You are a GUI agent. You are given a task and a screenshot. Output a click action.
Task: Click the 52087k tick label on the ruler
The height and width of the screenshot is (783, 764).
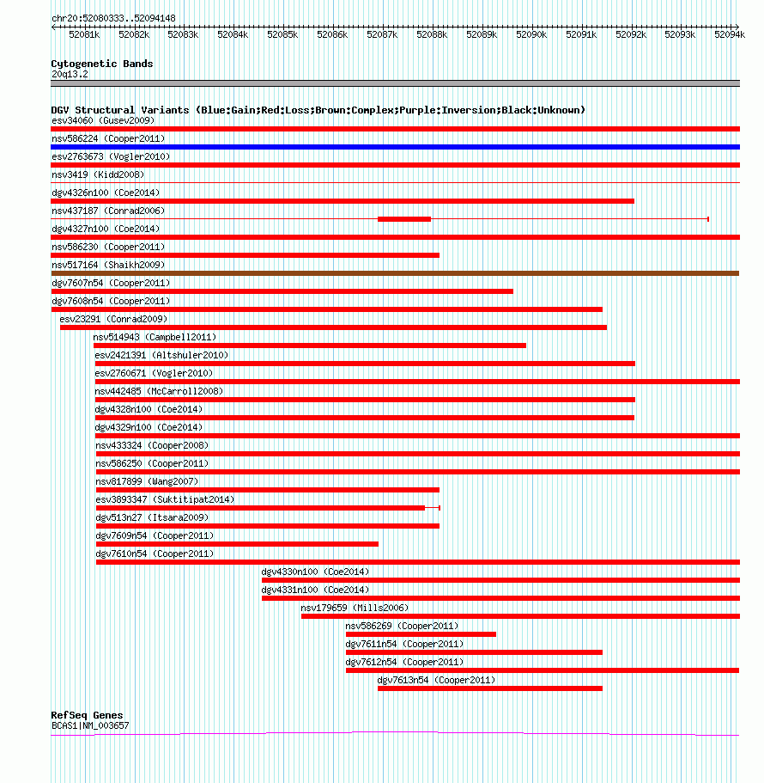tap(382, 34)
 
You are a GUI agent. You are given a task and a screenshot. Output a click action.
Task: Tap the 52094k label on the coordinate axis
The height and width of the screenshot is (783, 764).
tap(730, 34)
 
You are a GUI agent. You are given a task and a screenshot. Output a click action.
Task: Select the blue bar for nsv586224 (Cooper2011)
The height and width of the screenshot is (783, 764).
tap(395, 147)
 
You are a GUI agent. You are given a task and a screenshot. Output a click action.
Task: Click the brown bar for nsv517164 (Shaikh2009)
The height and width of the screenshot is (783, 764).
tap(395, 273)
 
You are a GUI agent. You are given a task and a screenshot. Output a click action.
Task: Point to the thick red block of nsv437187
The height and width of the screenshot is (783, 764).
tap(404, 219)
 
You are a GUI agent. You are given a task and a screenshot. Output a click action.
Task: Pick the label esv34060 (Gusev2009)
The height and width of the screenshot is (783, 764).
tap(103, 120)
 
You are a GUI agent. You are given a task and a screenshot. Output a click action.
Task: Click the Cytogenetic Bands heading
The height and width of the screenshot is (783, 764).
tap(102, 64)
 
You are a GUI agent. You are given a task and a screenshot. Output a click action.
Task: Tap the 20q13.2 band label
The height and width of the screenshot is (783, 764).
tap(70, 75)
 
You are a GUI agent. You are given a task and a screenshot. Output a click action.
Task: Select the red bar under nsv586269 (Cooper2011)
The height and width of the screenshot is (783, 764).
tap(421, 634)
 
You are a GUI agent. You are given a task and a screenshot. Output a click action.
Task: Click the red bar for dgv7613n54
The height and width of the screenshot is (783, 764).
tap(490, 688)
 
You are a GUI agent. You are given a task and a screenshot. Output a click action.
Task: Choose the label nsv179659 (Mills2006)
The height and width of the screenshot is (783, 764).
tap(355, 608)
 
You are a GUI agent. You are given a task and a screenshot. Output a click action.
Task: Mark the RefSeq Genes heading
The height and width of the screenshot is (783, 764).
tap(87, 715)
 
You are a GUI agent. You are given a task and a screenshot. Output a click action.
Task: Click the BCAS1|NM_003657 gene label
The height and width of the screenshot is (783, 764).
tap(90, 725)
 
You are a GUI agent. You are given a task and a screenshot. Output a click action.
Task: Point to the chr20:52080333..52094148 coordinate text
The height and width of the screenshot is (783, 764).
tap(113, 18)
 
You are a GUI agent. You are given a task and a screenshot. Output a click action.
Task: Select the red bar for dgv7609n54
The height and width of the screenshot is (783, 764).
tap(238, 544)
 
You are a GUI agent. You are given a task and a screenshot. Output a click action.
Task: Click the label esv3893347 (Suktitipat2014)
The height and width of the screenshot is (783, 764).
tap(165, 499)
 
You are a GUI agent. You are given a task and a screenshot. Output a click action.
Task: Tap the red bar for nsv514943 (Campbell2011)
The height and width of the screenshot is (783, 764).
tap(310, 346)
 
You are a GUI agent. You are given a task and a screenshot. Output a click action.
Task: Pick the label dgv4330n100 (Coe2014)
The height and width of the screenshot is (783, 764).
tap(315, 572)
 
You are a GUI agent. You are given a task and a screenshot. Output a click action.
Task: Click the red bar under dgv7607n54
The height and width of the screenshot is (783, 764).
tap(282, 291)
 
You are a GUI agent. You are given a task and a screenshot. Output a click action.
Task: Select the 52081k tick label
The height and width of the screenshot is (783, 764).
tap(84, 34)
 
